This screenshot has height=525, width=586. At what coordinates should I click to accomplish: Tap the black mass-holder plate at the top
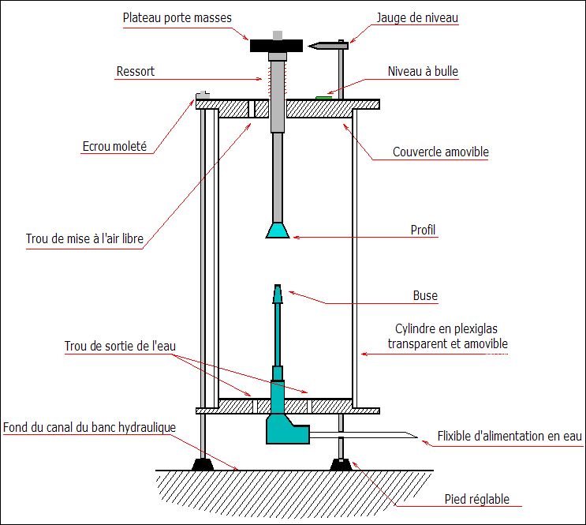(x=278, y=46)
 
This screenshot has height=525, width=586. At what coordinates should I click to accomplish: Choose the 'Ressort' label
(x=136, y=71)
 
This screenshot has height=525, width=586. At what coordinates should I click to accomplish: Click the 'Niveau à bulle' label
(x=423, y=71)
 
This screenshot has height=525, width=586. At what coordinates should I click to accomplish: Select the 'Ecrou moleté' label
(x=114, y=146)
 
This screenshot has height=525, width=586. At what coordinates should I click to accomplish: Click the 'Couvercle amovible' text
(x=439, y=152)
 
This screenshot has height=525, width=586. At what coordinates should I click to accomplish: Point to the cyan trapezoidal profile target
(x=277, y=230)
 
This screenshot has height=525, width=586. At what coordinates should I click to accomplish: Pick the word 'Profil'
(x=424, y=231)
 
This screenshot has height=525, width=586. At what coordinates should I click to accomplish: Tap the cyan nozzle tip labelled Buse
(x=277, y=294)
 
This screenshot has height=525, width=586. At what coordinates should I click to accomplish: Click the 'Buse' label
(x=425, y=295)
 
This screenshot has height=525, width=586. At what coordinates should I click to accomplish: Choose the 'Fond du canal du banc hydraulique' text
(x=89, y=427)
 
